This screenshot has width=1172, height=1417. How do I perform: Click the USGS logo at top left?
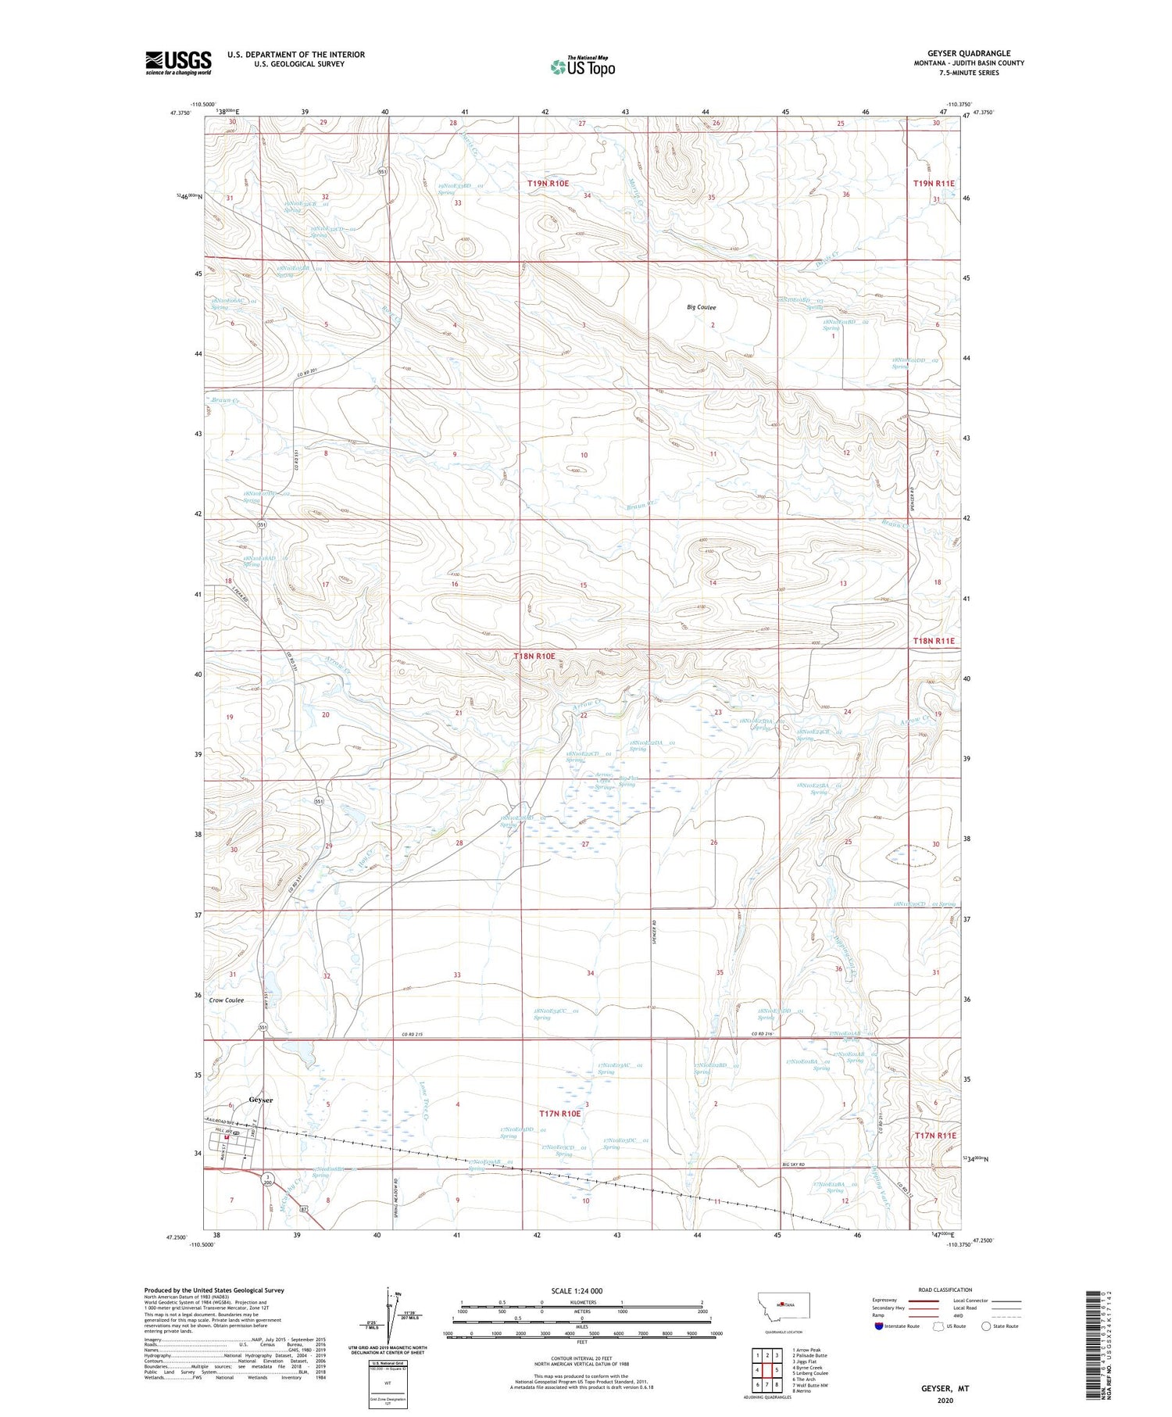(x=178, y=63)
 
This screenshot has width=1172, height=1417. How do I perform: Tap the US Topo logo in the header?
(x=582, y=67)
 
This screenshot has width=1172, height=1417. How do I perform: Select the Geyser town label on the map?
(x=261, y=1099)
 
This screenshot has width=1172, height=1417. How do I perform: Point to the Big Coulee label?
(x=701, y=307)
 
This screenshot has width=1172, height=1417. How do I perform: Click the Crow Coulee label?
(x=227, y=1000)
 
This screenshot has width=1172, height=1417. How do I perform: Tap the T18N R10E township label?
(x=534, y=656)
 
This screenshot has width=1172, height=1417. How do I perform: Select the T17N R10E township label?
(x=559, y=1113)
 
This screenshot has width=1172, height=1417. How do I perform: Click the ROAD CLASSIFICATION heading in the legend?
(x=945, y=1290)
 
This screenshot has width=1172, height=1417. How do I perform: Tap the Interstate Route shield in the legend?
(x=879, y=1326)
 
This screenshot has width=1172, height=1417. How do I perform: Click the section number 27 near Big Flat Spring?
(x=584, y=844)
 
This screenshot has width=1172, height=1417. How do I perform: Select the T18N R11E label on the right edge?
(x=934, y=641)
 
